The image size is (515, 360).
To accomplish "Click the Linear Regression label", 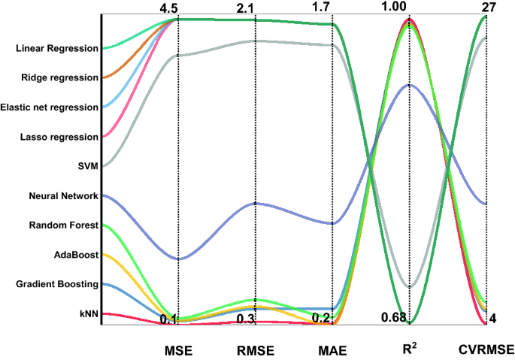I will pyautogui.click(x=56, y=49).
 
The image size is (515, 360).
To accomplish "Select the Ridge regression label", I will pyautogui.click(x=59, y=78).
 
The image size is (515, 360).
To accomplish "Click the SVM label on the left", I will pyautogui.click(x=87, y=167).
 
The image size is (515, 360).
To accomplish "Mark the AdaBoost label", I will pyautogui.click(x=78, y=255).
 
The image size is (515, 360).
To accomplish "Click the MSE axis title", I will pyautogui.click(x=178, y=350).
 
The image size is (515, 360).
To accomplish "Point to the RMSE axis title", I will pyautogui.click(x=256, y=350).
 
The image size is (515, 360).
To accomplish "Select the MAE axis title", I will pyautogui.click(x=333, y=350).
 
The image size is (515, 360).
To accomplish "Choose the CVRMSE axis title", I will pyautogui.click(x=486, y=350).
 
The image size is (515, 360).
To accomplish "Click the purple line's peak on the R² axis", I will pyautogui.click(x=410, y=85).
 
